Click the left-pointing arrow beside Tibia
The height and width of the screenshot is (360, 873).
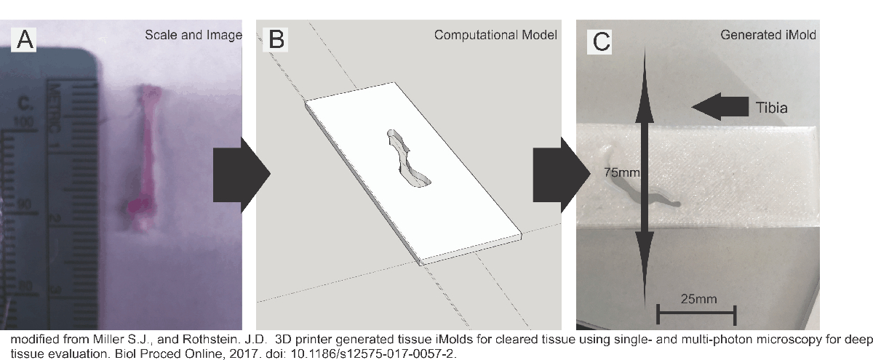point(717,108)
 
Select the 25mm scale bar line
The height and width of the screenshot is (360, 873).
point(697,314)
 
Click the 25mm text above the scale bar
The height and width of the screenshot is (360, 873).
point(697,298)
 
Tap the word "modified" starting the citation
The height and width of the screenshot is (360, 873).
point(30,340)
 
